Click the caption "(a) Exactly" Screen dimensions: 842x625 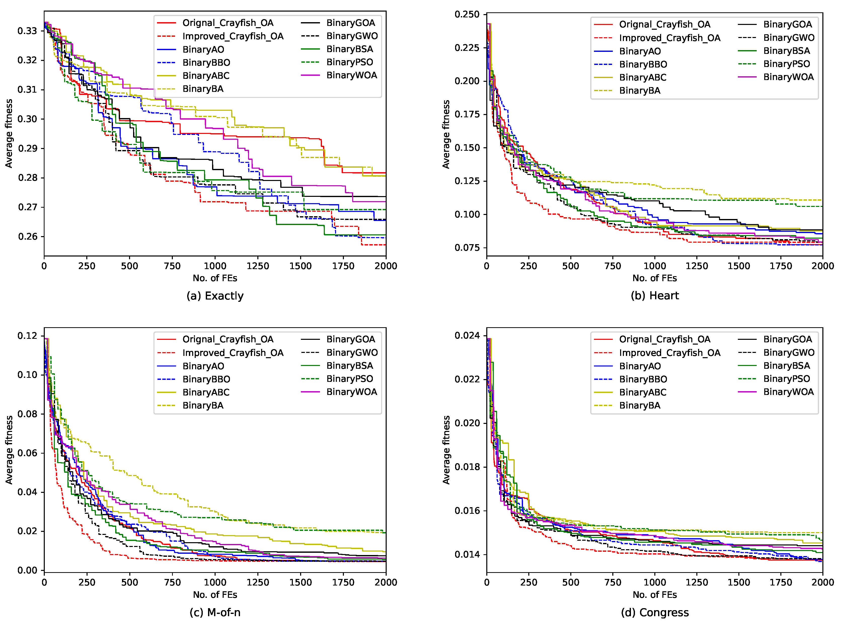tap(215, 296)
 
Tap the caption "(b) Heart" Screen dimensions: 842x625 tap(655, 296)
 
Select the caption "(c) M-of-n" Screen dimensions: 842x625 tap(215, 612)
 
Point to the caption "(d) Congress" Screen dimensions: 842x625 tap(655, 612)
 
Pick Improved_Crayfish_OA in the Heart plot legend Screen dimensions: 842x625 tap(670, 38)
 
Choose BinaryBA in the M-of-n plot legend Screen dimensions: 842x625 tap(203, 406)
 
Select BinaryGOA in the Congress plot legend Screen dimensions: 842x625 tap(788, 339)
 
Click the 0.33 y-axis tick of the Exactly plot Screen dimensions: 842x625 tap(27, 31)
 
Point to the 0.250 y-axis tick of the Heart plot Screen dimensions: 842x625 tap(467, 14)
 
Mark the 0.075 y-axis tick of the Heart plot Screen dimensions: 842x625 tap(467, 248)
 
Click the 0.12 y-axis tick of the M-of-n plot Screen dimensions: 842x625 tap(27, 336)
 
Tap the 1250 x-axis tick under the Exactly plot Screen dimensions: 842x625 tap(258, 266)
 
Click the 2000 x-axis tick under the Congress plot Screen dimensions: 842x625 tap(823, 582)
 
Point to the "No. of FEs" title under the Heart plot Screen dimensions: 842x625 tap(655, 278)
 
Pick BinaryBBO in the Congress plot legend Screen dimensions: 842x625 tap(643, 379)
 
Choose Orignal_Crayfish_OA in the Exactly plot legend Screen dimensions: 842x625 tap(228, 23)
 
